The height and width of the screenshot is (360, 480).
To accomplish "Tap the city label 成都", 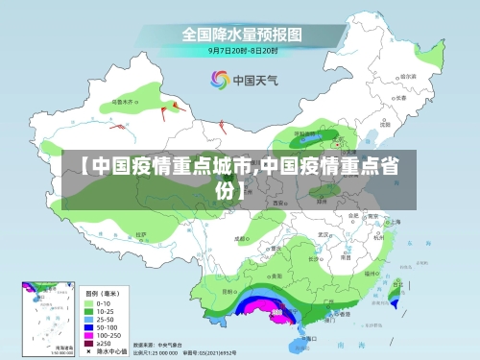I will pyautogui.click(x=240, y=238).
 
